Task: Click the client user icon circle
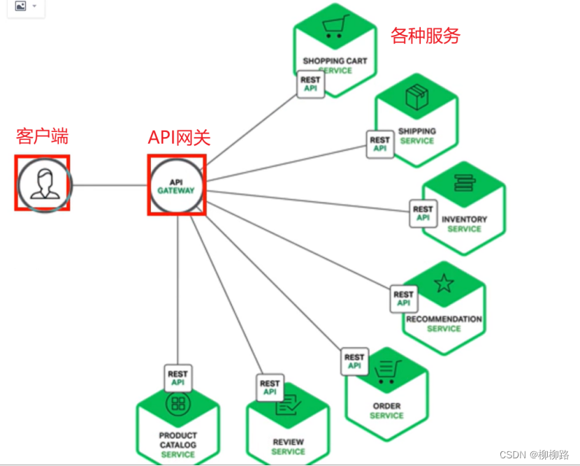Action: pos(42,183)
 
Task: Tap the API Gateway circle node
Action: pos(176,186)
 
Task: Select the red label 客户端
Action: pos(42,136)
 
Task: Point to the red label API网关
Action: pos(179,137)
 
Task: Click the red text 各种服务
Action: pos(426,36)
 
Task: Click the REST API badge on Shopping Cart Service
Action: pos(310,84)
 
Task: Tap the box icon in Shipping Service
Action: pos(417,98)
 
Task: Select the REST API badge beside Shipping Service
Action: pos(379,144)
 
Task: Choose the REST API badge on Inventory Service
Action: pos(423,213)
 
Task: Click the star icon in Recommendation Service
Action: pos(444,283)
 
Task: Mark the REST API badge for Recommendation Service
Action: pos(403,298)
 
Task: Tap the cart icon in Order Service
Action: pos(386,371)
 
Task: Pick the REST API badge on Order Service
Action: pos(354,361)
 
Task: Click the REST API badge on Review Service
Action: pos(270,387)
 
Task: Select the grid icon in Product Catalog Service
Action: pos(178,403)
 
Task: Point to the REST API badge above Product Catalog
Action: pos(177,378)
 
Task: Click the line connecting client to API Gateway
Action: pos(108,185)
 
